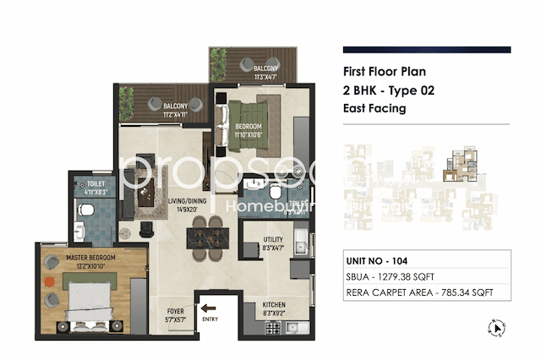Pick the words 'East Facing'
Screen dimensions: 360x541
click(x=374, y=108)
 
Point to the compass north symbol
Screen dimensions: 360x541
click(x=497, y=326)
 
